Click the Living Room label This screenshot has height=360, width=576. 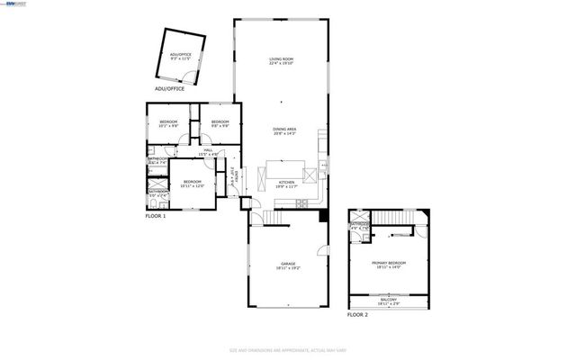click(x=282, y=61)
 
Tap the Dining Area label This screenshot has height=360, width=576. click(x=285, y=131)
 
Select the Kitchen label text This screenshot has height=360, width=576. click(x=287, y=184)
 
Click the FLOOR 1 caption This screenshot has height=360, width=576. click(x=156, y=217)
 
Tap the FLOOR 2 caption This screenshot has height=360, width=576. click(x=358, y=316)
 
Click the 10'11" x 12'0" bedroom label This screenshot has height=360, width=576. click(x=192, y=184)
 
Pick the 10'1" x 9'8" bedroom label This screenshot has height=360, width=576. click(x=168, y=123)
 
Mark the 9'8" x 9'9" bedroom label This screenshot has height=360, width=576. click(x=220, y=123)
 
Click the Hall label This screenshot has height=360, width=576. click(x=208, y=152)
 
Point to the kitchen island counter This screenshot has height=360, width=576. click(x=284, y=169)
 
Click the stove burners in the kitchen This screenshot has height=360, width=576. click(x=310, y=176)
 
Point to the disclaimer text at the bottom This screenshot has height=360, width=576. click(x=288, y=350)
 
